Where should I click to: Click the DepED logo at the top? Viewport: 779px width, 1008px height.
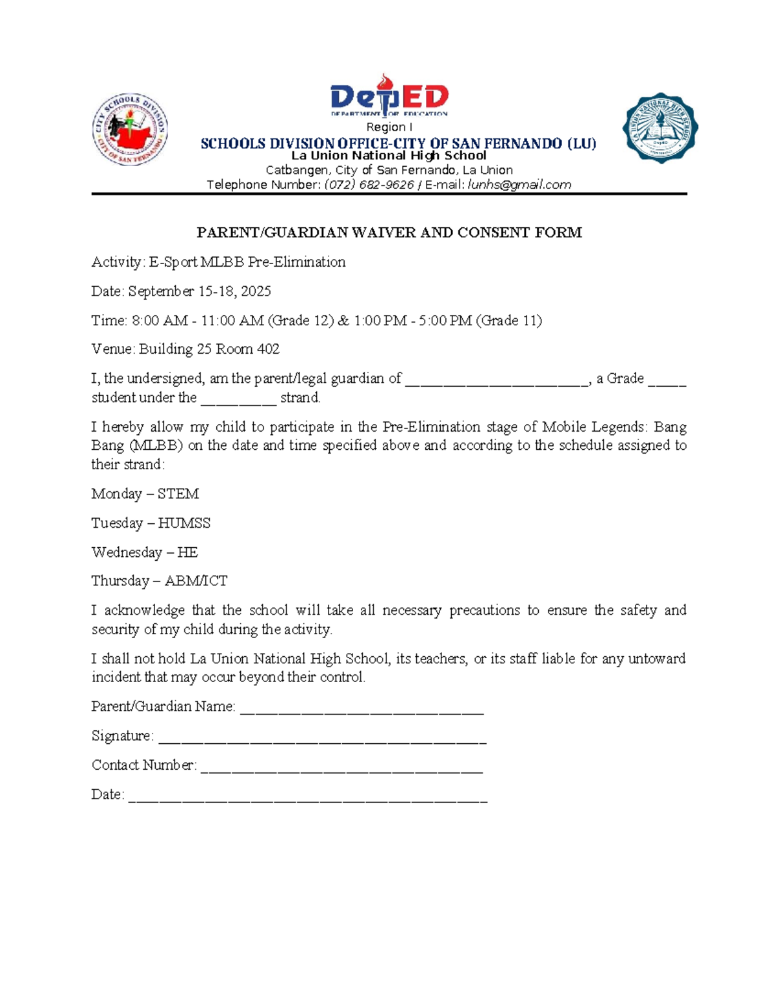click(389, 96)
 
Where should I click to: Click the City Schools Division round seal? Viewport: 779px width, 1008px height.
click(130, 129)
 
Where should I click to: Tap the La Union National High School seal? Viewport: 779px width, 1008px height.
click(660, 128)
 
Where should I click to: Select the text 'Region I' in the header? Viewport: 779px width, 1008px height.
click(389, 127)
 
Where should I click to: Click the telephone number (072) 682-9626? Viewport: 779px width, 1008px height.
click(369, 185)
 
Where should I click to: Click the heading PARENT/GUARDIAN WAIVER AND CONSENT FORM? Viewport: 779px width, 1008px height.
click(389, 232)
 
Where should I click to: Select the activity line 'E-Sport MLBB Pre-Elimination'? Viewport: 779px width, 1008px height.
click(247, 262)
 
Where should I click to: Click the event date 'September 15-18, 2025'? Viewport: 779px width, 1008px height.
click(199, 291)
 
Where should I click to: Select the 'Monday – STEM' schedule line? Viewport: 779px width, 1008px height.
click(145, 494)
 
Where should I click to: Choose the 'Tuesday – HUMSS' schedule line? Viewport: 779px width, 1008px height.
click(151, 523)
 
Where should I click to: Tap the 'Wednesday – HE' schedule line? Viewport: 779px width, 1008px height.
click(144, 552)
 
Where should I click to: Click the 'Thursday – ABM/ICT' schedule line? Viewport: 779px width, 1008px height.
click(159, 581)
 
